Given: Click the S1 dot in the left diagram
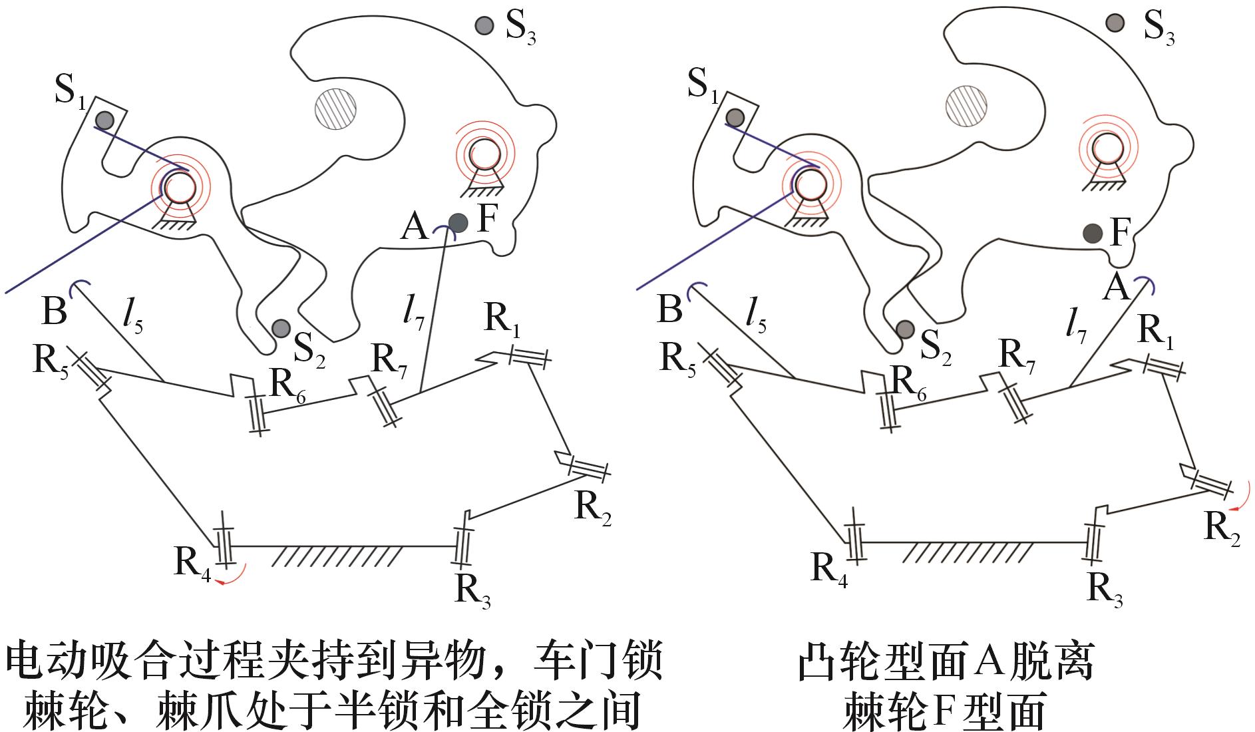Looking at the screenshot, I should pos(104,120).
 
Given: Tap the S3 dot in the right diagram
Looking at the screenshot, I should pos(1112,23).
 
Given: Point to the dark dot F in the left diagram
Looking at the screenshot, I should pos(458,222).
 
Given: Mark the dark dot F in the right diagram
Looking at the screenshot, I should pos(1092,233).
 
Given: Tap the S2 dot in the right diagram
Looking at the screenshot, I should pos(904,329).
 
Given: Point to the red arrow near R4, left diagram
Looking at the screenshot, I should pos(234,576).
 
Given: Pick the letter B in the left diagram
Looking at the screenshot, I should pos(54,310).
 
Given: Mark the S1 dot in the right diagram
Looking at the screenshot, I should pos(734,118).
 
